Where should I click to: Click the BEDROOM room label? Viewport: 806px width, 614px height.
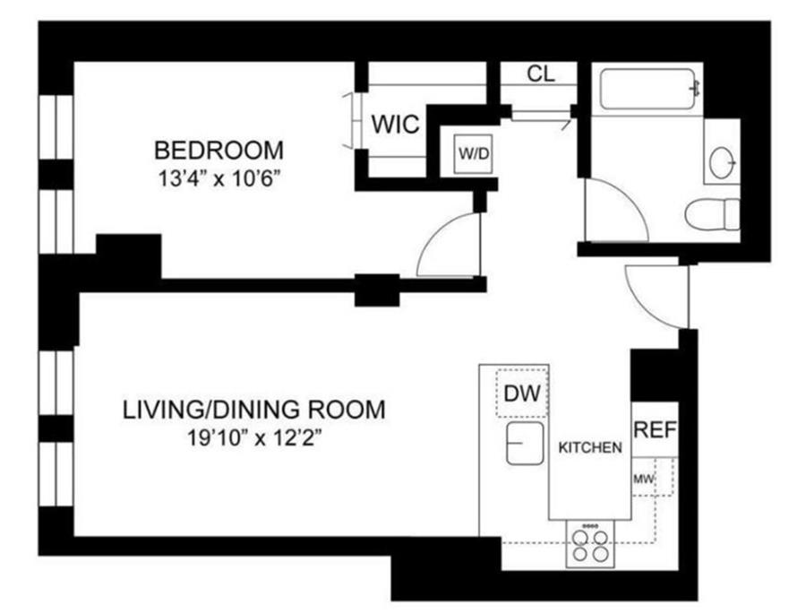[219, 151]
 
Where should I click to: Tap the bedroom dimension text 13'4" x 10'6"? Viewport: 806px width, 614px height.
[219, 180]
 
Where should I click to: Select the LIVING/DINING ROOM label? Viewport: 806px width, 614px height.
[254, 410]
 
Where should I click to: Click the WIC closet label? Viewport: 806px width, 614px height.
[395, 125]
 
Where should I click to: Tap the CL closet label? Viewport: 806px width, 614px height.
[541, 74]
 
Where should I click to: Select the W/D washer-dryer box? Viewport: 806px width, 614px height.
[474, 153]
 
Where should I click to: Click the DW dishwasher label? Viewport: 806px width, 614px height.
[522, 393]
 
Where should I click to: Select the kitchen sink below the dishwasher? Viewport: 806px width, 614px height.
[525, 443]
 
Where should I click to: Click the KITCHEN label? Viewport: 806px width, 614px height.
[590, 447]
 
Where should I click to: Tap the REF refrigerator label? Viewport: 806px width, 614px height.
[656, 429]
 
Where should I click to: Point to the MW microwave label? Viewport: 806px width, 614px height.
[643, 480]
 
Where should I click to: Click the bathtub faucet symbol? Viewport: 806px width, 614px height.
[697, 89]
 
